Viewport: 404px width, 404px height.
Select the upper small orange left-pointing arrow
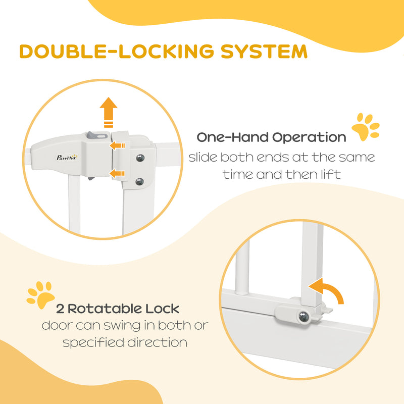(118, 146)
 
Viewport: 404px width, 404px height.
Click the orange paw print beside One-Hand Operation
(365, 127)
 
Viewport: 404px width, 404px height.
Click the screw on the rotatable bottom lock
(304, 317)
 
